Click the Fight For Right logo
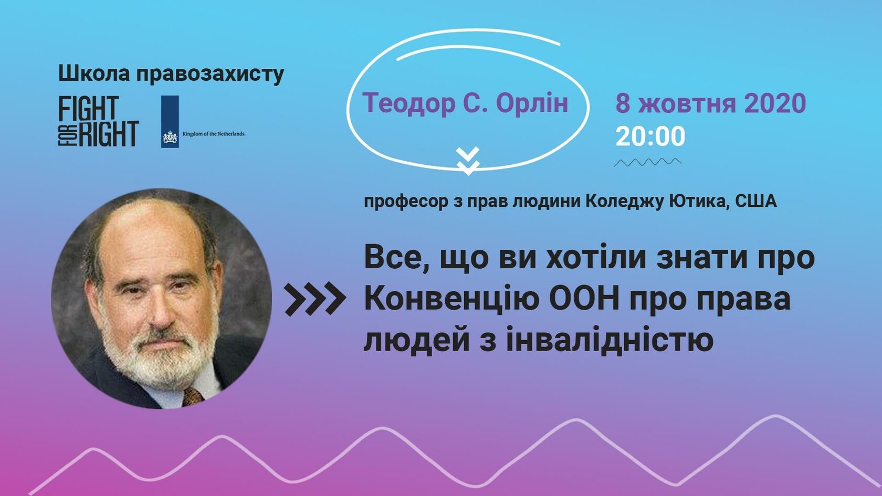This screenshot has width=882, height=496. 99,121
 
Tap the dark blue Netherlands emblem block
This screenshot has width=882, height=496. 170,122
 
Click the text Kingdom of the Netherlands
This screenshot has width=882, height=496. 214,134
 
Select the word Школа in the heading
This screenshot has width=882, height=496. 94,73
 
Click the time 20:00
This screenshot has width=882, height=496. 650,136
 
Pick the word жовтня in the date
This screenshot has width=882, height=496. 687,103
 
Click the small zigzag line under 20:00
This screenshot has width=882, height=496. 647,162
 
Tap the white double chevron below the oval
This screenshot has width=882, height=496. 468,161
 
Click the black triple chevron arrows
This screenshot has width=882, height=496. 316,299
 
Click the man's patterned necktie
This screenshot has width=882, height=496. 193,395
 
